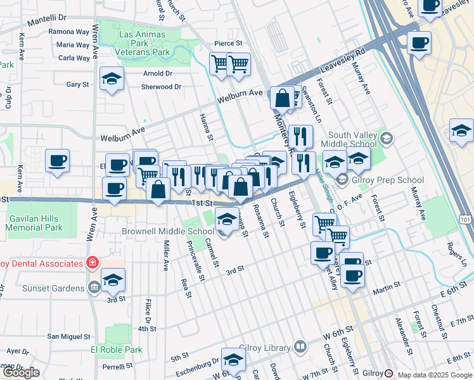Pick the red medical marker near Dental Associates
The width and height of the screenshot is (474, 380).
pos(93,262)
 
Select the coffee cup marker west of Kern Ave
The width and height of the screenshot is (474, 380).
pos(58,161)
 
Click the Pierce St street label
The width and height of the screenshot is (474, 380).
pos(229,43)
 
